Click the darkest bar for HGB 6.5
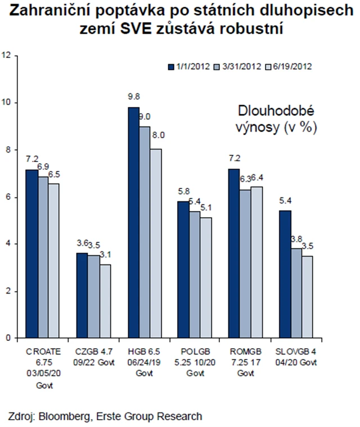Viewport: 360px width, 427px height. click(133, 222)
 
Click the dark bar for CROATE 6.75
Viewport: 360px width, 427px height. click(32, 253)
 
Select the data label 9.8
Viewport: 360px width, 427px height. click(133, 96)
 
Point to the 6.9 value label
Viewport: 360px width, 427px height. click(43, 166)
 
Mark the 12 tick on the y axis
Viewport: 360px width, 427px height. click(7, 55)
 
